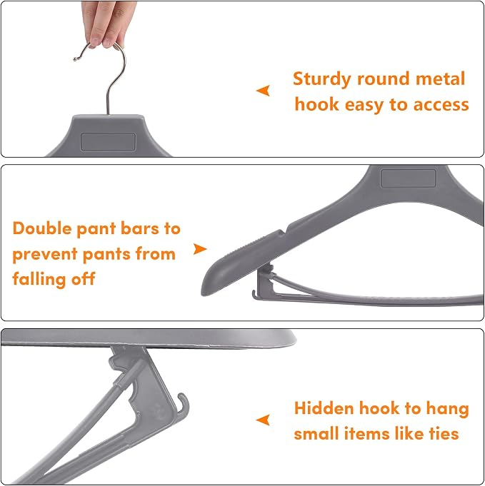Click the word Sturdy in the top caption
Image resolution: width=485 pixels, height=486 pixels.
(321, 79)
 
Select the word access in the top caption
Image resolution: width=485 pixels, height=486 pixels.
(441, 105)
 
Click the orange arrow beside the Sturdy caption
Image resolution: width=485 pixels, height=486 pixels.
(263, 91)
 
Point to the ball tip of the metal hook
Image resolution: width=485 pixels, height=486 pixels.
(75, 59)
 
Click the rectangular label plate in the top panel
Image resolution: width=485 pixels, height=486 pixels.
(108, 142)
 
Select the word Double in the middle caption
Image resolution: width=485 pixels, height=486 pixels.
(43, 228)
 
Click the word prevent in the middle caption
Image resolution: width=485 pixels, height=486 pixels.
(45, 255)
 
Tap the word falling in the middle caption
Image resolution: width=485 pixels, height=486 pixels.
(39, 279)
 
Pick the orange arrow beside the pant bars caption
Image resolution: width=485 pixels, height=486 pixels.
(200, 249)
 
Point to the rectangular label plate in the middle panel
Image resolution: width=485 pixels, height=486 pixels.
(408, 178)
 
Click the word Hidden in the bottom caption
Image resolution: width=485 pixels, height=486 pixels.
(324, 408)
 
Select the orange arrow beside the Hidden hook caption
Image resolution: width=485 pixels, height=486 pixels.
(263, 420)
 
